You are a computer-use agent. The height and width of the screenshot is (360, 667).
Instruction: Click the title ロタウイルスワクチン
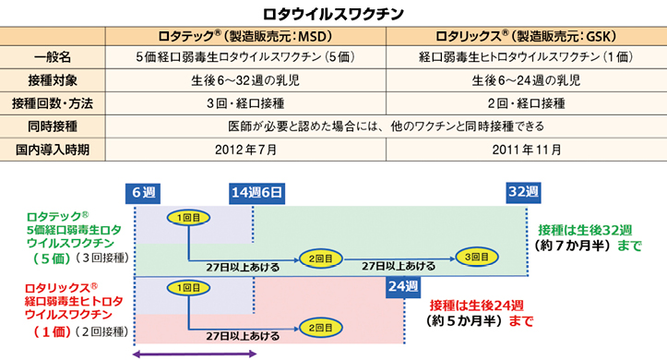point(333,14)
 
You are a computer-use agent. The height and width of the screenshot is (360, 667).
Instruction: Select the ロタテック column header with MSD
point(245,36)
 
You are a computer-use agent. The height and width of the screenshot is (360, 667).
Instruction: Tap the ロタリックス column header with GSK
point(526,36)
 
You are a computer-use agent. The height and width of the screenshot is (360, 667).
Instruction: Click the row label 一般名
point(53,57)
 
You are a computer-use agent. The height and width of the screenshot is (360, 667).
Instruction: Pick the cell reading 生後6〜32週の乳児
point(245,80)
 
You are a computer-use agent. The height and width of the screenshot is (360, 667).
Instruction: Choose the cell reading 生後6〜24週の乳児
point(526,80)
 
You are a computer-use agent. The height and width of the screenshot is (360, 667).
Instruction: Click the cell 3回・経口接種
point(245,103)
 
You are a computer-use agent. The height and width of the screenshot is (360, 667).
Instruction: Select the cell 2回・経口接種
point(526,103)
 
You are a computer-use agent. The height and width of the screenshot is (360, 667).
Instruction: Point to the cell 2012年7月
point(245,150)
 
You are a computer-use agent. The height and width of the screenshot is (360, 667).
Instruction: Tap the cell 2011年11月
point(526,150)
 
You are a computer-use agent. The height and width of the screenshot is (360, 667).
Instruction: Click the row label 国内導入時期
point(53,150)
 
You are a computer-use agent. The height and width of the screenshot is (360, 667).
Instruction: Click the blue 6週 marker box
point(143,193)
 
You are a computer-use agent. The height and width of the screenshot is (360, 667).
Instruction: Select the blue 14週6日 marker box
point(256,193)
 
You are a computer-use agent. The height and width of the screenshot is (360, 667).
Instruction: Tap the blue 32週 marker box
point(523,192)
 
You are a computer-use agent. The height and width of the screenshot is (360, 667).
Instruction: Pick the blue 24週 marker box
point(403,286)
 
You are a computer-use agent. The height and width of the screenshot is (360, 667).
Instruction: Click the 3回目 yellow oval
point(476,257)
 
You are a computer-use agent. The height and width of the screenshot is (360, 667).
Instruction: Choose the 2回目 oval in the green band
point(321,258)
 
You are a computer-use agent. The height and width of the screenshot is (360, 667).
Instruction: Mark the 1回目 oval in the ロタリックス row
point(188,288)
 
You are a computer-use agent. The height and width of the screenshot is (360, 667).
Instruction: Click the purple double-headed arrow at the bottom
point(195,354)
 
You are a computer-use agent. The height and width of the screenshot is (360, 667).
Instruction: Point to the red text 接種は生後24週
point(476,306)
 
